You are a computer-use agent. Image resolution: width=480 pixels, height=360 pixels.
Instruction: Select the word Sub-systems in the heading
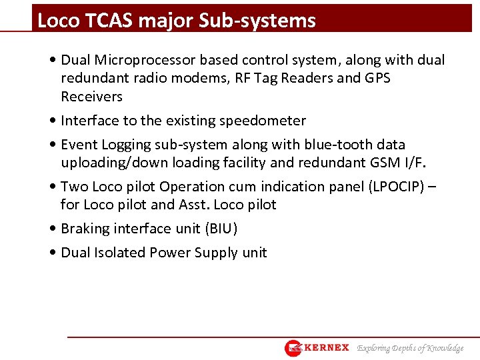pyautogui.click(x=257, y=21)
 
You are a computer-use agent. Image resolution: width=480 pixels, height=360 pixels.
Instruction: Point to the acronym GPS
pyautogui.click(x=377, y=78)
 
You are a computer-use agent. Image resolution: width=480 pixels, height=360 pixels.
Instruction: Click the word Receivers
pyautogui.click(x=92, y=97)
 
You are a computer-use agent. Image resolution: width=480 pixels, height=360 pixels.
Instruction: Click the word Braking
pyautogui.click(x=85, y=229)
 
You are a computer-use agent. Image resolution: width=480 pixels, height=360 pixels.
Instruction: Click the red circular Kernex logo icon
pyautogui.click(x=293, y=348)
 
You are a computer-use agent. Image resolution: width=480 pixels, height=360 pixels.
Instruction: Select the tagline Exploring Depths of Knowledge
pyautogui.click(x=410, y=348)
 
